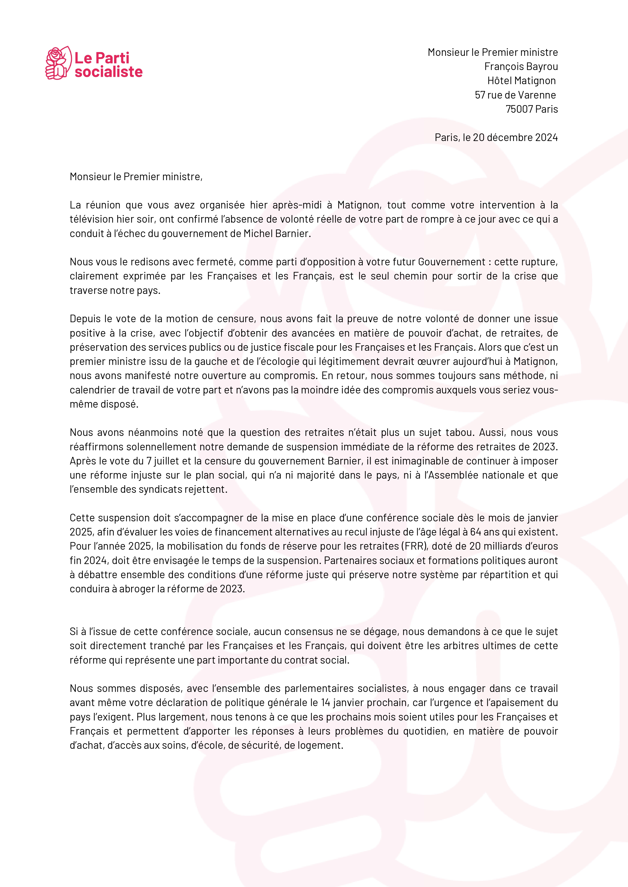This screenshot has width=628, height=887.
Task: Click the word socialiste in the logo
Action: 109,72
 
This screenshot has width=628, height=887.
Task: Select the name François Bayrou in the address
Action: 521,66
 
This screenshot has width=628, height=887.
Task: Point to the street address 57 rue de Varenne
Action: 515,95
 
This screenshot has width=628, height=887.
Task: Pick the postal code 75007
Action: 519,109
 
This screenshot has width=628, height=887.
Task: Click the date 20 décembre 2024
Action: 515,137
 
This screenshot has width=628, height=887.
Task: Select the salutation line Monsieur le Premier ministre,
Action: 136,177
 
